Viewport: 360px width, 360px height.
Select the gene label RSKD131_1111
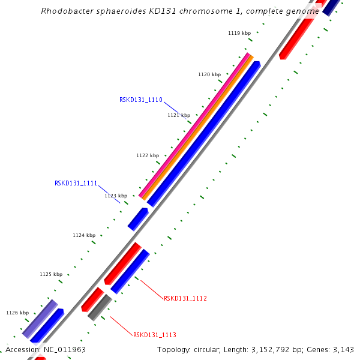click(x=76, y=183)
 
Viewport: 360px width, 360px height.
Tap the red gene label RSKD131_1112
click(x=185, y=298)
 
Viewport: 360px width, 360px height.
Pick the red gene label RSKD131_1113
click(x=155, y=335)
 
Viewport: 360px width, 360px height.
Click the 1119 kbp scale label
click(x=239, y=33)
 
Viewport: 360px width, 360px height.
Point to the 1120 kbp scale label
click(x=209, y=74)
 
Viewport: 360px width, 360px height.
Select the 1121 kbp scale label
click(x=179, y=115)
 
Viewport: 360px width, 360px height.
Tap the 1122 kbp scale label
click(x=148, y=155)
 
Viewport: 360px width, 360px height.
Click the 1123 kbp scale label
click(x=116, y=196)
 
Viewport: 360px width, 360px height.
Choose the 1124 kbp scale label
click(x=84, y=235)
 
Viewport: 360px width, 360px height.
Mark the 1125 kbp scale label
click(x=51, y=274)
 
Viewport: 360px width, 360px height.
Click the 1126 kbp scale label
click(x=17, y=313)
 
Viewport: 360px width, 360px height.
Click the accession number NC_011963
click(x=64, y=349)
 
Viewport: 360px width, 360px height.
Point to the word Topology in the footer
click(x=174, y=349)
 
